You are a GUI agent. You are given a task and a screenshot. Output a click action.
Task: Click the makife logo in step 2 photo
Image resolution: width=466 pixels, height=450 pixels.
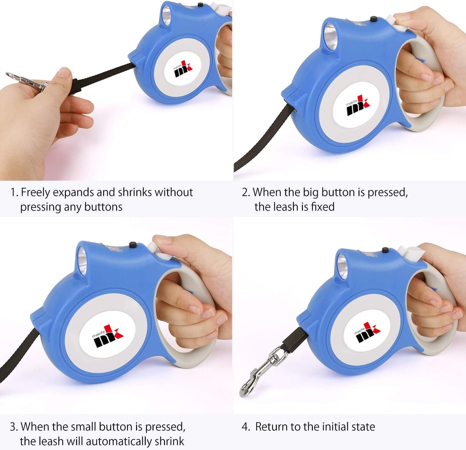(358, 106)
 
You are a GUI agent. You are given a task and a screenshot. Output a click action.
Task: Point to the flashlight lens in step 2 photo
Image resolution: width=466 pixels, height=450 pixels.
(331, 36)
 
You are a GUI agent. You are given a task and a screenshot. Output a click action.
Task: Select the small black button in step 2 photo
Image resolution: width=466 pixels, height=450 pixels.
(373, 19)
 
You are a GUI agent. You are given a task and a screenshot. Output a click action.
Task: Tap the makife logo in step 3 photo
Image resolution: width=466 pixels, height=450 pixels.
(108, 336)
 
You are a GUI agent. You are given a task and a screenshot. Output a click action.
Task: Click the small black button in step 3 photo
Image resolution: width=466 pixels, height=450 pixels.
(133, 245)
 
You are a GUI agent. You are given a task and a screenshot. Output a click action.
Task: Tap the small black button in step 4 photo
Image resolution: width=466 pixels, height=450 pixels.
(385, 250)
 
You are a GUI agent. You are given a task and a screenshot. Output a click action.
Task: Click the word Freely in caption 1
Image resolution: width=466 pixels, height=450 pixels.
(36, 193)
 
